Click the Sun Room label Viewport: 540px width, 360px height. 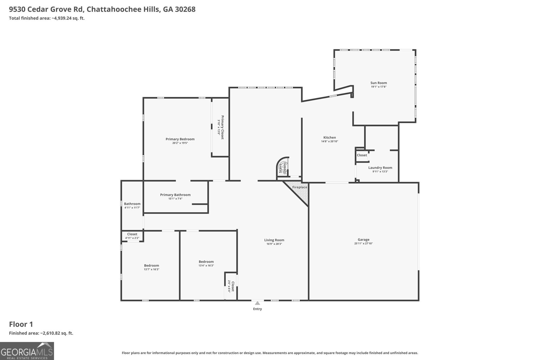pyautogui.click(x=378, y=83)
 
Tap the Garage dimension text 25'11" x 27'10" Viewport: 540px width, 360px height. pyautogui.click(x=363, y=244)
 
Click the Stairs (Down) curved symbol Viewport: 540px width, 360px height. pyautogui.click(x=283, y=167)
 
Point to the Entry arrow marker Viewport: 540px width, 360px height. pyautogui.click(x=258, y=303)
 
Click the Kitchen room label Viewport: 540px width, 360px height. pyautogui.click(x=329, y=137)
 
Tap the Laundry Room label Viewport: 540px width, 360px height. pyautogui.click(x=380, y=168)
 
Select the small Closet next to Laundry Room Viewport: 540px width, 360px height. pyautogui.click(x=362, y=155)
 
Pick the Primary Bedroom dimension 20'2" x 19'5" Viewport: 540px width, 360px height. pyautogui.click(x=180, y=143)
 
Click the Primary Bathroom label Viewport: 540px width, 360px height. pyautogui.click(x=175, y=195)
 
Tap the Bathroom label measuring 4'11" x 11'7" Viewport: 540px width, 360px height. pyautogui.click(x=132, y=204)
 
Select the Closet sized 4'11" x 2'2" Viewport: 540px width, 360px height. pyautogui.click(x=132, y=234)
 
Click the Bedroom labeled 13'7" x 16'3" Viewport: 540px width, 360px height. pyautogui.click(x=151, y=266)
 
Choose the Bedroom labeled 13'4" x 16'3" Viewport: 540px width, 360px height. pyautogui.click(x=206, y=262)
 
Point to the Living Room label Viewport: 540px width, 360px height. pyautogui.click(x=274, y=240)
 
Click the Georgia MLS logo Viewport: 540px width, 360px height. pyautogui.click(x=27, y=351)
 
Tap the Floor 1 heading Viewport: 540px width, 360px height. pyautogui.click(x=21, y=324)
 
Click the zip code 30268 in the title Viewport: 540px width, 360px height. pyautogui.click(x=185, y=9)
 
